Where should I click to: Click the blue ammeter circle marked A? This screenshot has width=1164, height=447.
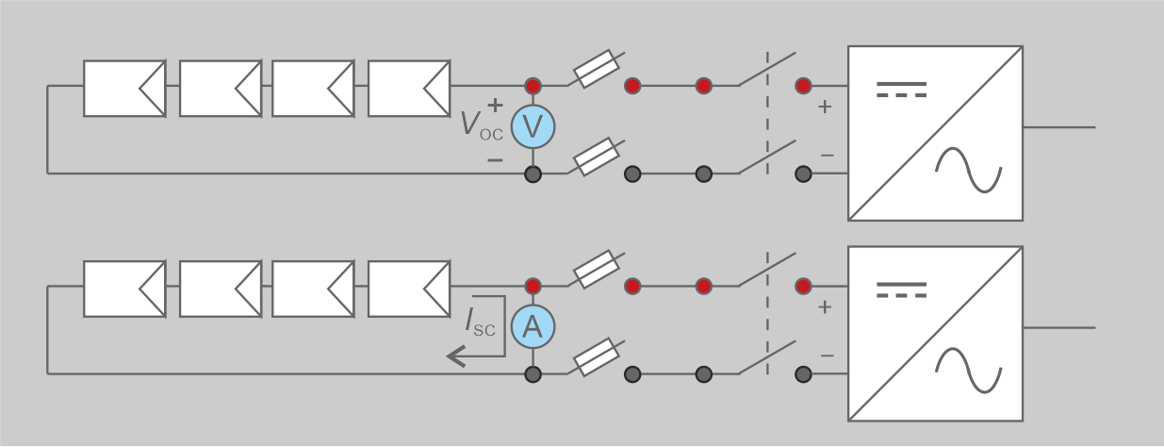tap(533, 327)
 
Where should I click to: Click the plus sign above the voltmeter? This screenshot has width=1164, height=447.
tap(495, 104)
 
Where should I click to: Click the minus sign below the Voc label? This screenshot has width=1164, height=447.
tap(495, 159)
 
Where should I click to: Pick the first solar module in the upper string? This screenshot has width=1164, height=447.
tap(124, 89)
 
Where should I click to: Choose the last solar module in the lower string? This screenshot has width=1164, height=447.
tap(409, 289)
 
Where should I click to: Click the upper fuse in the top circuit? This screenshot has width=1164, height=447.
tap(597, 69)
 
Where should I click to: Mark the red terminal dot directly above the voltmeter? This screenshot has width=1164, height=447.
tap(533, 86)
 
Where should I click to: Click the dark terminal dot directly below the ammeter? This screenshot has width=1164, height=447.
tap(533, 374)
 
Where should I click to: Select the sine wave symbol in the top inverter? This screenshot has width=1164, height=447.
tap(967, 171)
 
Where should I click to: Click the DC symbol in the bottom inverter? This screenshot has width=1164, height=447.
tap(902, 289)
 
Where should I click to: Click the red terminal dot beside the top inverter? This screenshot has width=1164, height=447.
tap(803, 86)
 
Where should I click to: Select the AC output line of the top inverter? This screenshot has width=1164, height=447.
tap(1058, 127)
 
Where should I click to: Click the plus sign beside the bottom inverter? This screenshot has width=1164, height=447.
tap(825, 307)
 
